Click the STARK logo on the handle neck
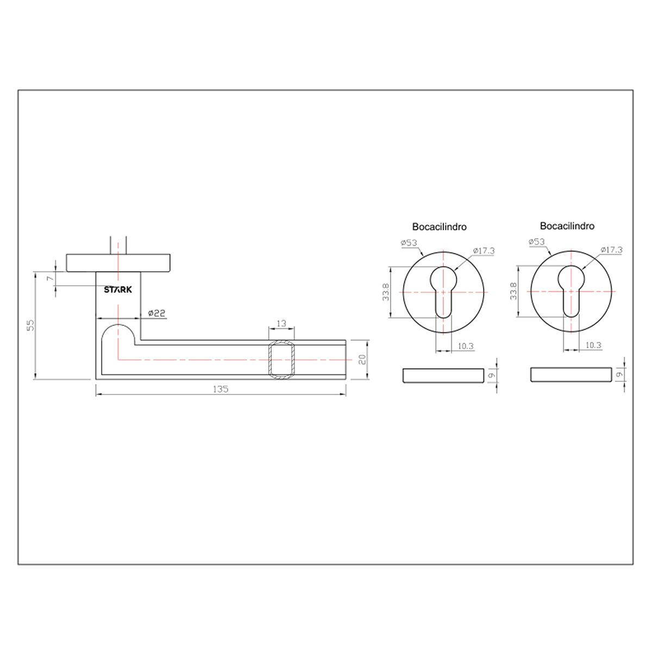(118, 290)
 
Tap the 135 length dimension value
(220, 389)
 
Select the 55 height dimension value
(30, 325)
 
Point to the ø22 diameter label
(156, 313)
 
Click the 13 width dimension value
(281, 323)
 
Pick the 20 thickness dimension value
(362, 359)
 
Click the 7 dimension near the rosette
(51, 278)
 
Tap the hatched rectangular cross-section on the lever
(281, 359)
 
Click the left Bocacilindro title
(439, 227)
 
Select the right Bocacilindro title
(567, 225)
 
